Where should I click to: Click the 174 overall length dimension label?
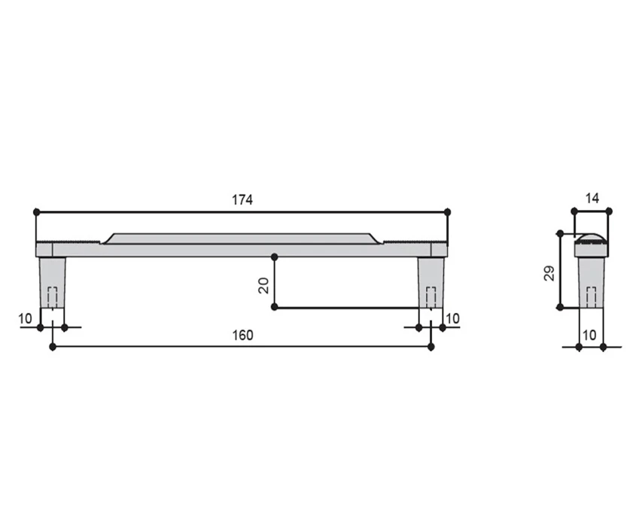pos(242,200)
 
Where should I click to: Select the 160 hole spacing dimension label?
pos(242,335)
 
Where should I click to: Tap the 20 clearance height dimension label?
pos(263,285)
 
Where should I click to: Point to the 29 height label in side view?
pos(549,273)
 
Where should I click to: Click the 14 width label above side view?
pos(592,199)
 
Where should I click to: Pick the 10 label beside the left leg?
pos(25,319)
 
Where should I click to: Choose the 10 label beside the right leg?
pos(452,319)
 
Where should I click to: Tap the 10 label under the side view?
pos(589,335)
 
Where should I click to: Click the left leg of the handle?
pos(53,283)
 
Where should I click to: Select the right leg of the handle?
pos(431,283)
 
